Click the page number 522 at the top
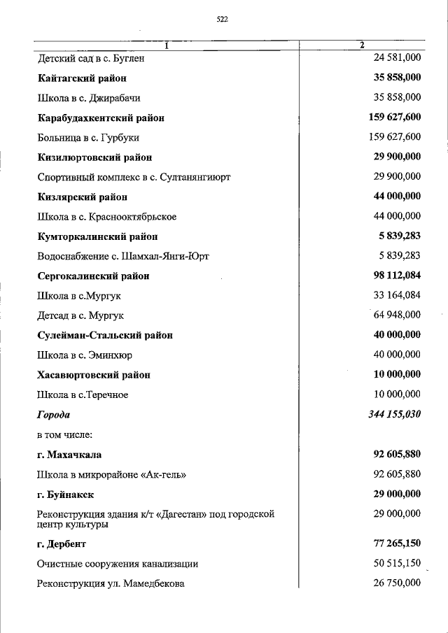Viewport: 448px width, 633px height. tap(223, 20)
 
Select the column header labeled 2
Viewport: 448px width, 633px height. tap(361, 46)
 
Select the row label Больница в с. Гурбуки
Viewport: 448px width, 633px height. tap(89, 138)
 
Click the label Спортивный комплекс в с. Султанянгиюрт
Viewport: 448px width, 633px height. tap(134, 177)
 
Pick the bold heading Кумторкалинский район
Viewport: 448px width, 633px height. tap(97, 236)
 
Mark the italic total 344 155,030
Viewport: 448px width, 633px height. tap(395, 415)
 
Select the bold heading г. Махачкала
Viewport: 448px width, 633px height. tap(69, 455)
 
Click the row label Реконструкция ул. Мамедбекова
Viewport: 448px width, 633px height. tap(111, 583)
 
